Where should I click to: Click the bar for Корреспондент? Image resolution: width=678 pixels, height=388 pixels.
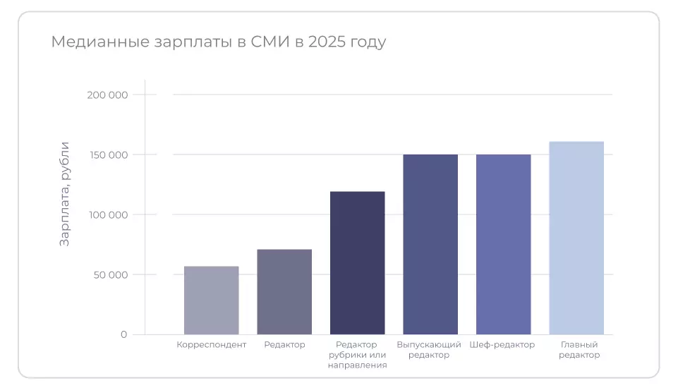tap(211, 301)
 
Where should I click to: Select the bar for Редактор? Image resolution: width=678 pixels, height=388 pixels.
tap(284, 292)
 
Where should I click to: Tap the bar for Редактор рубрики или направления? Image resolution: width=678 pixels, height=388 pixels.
tap(358, 263)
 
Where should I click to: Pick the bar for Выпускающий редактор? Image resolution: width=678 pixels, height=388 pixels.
tap(430, 244)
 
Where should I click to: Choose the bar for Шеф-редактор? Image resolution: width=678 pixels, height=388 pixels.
tap(504, 244)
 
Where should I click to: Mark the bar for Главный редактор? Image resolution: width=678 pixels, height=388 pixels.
tap(576, 238)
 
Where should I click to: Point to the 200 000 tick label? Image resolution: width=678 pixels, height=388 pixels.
tap(107, 95)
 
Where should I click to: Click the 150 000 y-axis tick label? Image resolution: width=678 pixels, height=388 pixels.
tap(107, 154)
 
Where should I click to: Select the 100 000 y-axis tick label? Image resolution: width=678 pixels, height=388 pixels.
tap(107, 214)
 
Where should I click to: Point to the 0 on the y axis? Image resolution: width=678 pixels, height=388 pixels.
tap(123, 334)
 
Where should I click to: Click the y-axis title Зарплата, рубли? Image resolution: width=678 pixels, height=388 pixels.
tap(65, 193)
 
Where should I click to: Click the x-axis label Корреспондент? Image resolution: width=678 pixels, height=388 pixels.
tap(211, 345)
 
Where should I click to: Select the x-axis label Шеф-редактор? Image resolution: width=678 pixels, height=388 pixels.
tap(502, 345)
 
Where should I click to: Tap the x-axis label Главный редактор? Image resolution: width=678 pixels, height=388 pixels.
tap(579, 350)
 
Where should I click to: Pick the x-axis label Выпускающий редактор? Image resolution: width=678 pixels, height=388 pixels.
tap(429, 350)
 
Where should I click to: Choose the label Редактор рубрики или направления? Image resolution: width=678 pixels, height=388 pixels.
tap(358, 355)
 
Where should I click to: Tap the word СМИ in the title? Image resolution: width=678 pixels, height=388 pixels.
tap(270, 42)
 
